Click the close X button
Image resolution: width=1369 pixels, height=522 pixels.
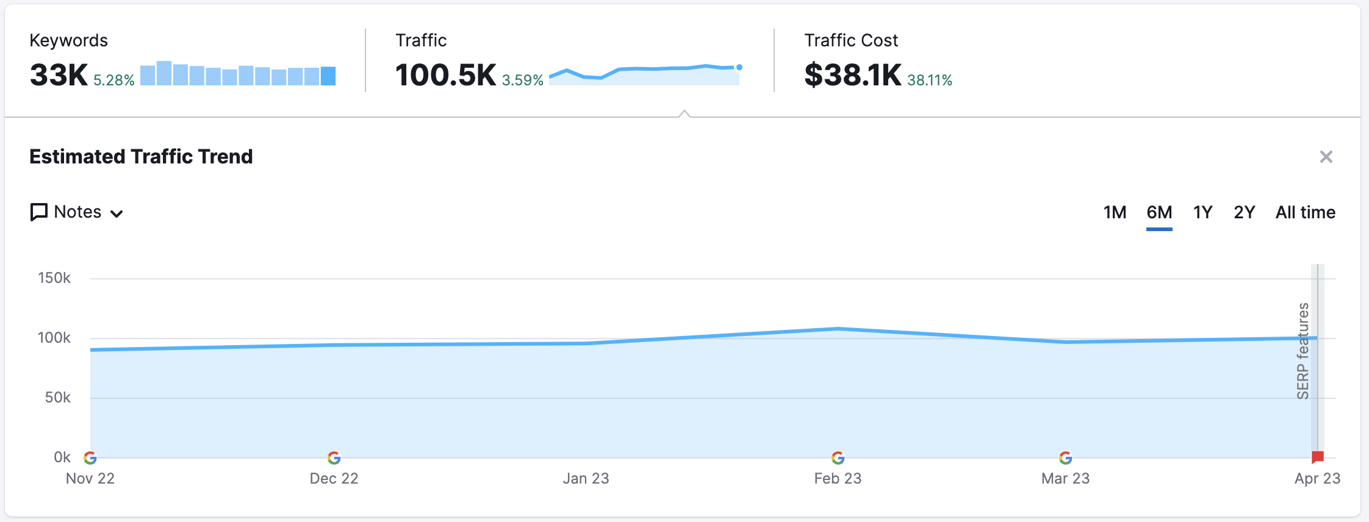[x=1326, y=157]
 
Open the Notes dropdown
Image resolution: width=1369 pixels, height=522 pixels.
[x=77, y=212]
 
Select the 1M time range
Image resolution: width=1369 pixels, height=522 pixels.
[x=1115, y=212]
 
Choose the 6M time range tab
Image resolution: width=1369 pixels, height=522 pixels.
[x=1159, y=212]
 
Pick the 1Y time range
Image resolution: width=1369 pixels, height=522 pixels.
[x=1202, y=212]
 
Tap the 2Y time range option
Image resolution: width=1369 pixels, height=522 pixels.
[x=1244, y=212]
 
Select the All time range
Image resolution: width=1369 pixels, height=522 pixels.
[x=1305, y=212]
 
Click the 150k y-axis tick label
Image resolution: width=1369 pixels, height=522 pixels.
[x=54, y=278]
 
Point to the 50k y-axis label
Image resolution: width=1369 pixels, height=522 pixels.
[x=57, y=398]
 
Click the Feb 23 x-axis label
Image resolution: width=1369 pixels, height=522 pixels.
[x=838, y=478]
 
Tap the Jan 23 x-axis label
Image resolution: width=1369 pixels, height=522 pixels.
[x=586, y=478]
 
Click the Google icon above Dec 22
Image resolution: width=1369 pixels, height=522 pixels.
[x=334, y=457]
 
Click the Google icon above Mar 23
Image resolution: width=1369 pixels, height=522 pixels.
[x=1065, y=457]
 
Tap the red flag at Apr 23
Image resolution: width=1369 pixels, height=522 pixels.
[x=1317, y=457]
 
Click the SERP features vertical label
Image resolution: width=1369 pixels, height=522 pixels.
[x=1303, y=351]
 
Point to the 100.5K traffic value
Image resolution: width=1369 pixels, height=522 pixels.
[x=445, y=75]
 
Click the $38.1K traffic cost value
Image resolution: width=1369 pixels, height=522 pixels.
[x=852, y=75]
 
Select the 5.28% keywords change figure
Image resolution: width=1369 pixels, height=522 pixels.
[x=113, y=80]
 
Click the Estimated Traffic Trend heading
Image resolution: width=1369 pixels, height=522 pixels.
[x=141, y=157]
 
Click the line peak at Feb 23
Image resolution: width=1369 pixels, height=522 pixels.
[x=838, y=329]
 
